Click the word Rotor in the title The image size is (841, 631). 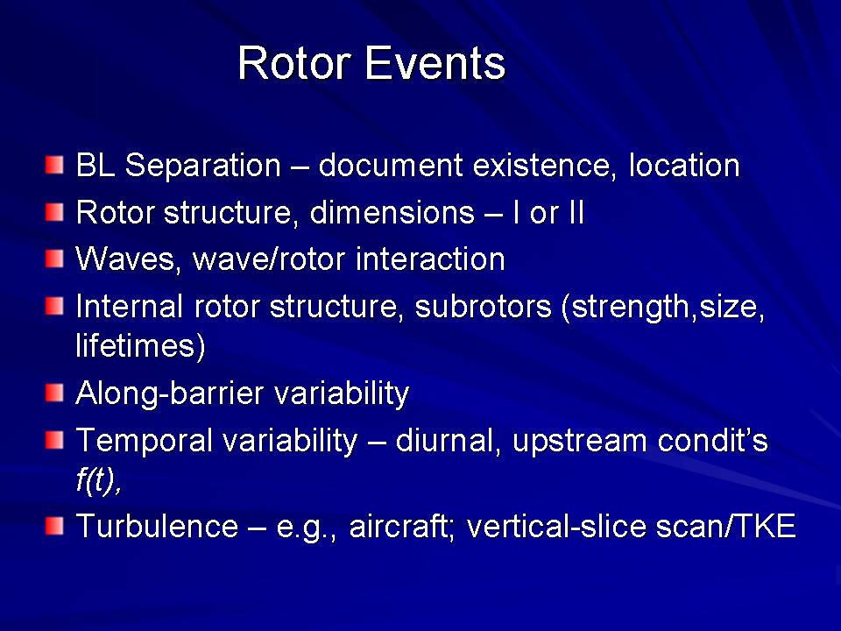coord(294,63)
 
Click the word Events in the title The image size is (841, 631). coord(435,63)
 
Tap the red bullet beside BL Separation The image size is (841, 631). coord(54,165)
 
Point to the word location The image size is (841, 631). coord(684,166)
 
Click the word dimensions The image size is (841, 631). coord(392,212)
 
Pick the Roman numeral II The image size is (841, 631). coord(576,212)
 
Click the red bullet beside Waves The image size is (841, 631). coord(54,259)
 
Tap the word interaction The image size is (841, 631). coord(430,259)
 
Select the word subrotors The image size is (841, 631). coord(484,307)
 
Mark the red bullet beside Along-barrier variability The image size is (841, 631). coord(54,393)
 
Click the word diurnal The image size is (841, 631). coord(448,442)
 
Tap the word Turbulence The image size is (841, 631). coord(157,526)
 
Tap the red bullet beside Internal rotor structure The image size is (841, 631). coord(54,307)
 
